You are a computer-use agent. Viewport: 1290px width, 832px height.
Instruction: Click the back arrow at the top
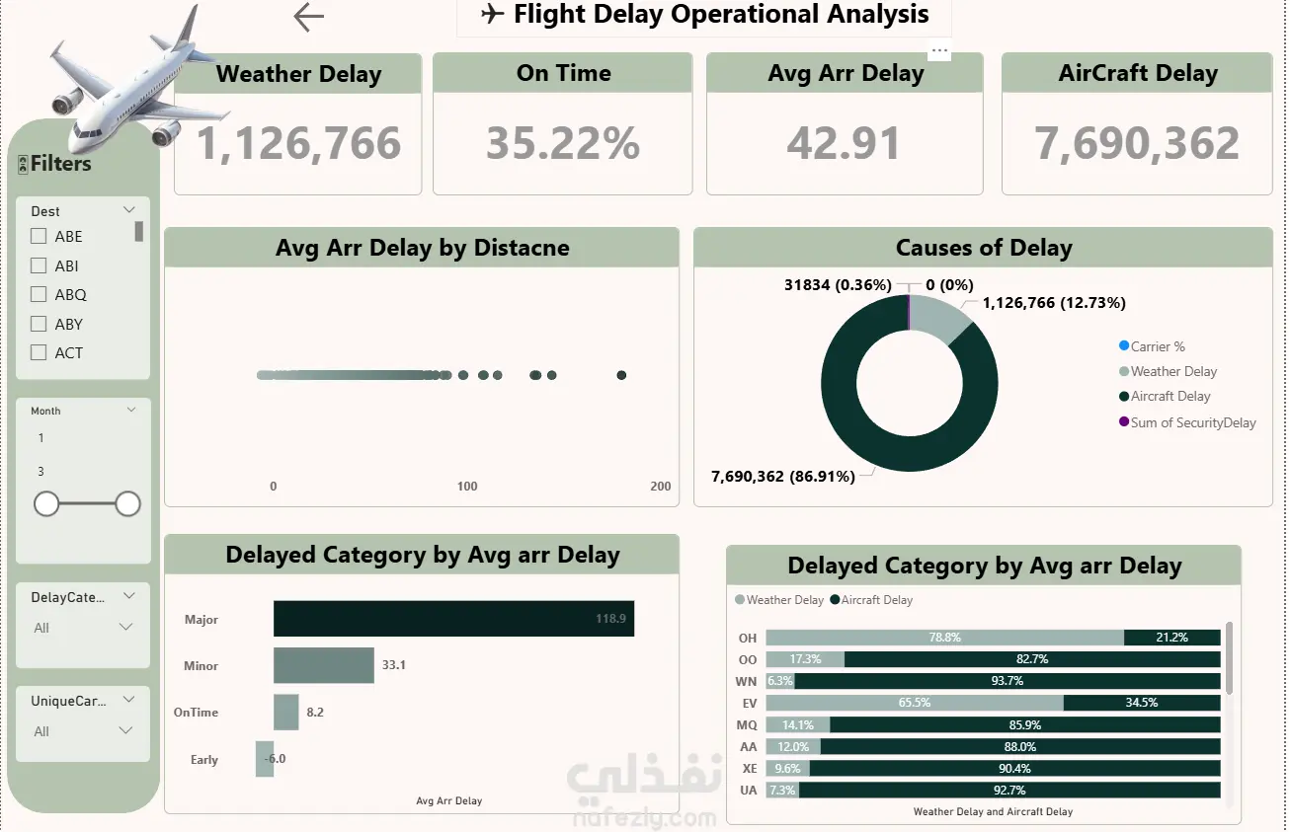tap(309, 17)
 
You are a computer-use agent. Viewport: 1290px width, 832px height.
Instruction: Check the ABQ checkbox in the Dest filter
tap(39, 294)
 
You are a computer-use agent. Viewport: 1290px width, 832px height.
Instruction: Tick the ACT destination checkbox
tap(39, 352)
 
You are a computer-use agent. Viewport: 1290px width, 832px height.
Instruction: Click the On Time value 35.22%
tap(563, 143)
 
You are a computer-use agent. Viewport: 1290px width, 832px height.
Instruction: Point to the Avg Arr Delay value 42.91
tap(844, 143)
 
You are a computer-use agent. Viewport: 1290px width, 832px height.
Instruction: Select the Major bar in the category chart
tap(453, 619)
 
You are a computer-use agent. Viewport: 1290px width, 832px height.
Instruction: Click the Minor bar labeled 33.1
tap(324, 665)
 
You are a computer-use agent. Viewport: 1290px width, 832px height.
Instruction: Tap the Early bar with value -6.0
tap(265, 758)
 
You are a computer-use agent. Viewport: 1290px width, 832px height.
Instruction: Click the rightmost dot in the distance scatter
tap(621, 375)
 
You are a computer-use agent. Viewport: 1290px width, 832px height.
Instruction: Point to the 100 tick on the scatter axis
tap(467, 487)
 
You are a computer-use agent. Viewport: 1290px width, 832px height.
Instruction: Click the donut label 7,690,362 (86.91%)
tap(783, 477)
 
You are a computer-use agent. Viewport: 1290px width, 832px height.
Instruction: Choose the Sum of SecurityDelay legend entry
tap(1187, 422)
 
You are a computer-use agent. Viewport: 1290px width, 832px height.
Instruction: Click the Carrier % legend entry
tap(1152, 346)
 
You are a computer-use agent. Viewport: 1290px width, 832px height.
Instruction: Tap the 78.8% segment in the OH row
tap(944, 638)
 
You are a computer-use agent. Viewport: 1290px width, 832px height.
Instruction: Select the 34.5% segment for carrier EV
tap(1142, 703)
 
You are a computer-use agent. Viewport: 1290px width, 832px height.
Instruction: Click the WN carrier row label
tap(746, 681)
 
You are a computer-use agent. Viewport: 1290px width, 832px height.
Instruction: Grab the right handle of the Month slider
tap(127, 504)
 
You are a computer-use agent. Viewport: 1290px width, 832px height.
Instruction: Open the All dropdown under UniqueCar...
tap(83, 731)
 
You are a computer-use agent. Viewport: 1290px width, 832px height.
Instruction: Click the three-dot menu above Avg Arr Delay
tap(940, 50)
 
